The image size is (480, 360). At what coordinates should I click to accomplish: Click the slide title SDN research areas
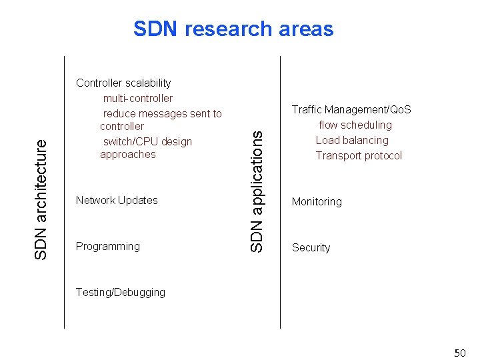[x=233, y=29]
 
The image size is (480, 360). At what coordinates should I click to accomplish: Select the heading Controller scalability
[x=123, y=83]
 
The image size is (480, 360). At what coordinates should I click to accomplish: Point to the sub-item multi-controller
[x=137, y=98]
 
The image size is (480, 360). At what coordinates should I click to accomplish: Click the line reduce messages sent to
[x=162, y=113]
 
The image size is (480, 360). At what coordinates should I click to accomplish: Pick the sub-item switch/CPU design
[x=147, y=141]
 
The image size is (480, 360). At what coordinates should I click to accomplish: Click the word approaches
[x=127, y=154]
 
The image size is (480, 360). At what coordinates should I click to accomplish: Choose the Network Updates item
[x=117, y=200]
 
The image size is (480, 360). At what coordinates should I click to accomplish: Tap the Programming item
[x=108, y=246]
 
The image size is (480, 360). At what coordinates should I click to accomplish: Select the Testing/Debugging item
[x=121, y=292]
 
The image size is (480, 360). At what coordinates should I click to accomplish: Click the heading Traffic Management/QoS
[x=351, y=109]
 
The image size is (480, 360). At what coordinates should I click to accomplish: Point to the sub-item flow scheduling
[x=355, y=125]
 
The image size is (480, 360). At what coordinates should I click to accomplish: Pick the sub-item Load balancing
[x=352, y=140]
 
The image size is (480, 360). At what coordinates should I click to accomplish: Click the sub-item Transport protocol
[x=359, y=155]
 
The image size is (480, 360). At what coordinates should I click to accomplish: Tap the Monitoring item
[x=317, y=201]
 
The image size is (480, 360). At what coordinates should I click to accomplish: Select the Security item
[x=311, y=247]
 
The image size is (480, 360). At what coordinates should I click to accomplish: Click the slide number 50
[x=459, y=352]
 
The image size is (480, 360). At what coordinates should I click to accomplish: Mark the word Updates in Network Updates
[x=138, y=200]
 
